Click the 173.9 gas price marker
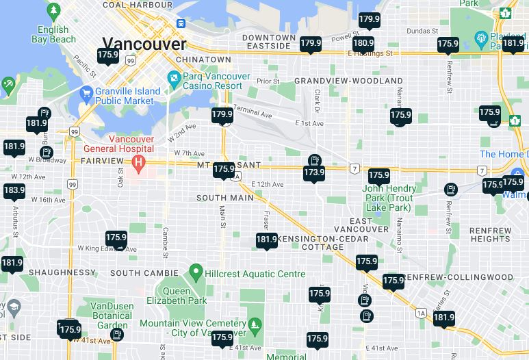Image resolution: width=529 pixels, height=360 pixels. (x=314, y=172)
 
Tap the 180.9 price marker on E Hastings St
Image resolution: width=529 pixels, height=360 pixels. (x=363, y=43)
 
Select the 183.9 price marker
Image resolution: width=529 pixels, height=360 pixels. (x=14, y=190)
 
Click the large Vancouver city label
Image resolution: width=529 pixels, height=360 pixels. (x=144, y=44)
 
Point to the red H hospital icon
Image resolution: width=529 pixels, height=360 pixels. (x=139, y=164)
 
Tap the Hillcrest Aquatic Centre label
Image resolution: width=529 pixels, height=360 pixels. (x=257, y=274)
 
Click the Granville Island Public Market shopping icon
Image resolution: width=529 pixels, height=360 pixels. (x=86, y=94)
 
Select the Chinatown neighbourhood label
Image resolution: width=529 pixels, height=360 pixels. (x=203, y=60)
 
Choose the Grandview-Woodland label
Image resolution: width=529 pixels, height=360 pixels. (x=348, y=81)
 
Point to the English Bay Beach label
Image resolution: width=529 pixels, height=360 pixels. (x=53, y=34)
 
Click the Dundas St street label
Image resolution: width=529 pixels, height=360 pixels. (x=422, y=31)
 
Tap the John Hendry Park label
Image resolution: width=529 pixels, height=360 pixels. (x=389, y=198)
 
